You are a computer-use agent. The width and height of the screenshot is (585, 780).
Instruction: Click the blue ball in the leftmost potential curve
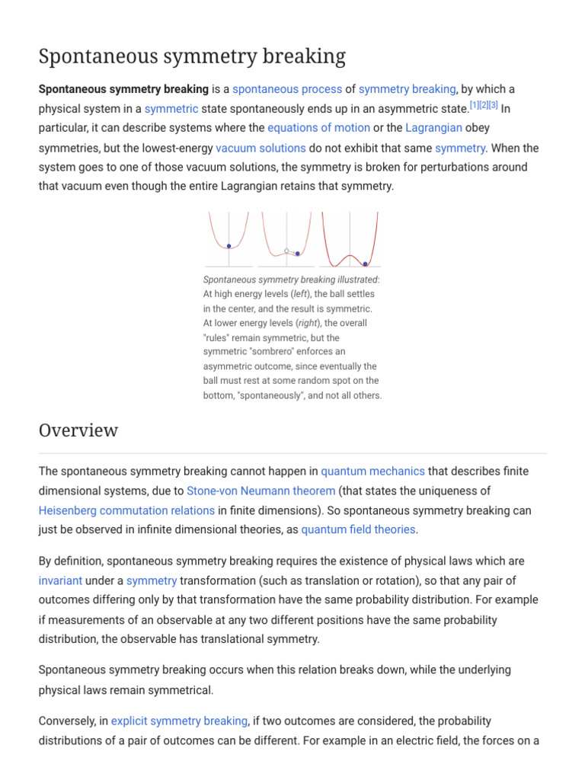tap(229, 246)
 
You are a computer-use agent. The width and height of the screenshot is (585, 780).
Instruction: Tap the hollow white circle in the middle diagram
tap(286, 250)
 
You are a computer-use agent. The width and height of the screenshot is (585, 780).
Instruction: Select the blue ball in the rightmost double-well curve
tap(366, 264)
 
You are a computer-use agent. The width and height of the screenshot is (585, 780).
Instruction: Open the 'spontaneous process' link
tap(287, 89)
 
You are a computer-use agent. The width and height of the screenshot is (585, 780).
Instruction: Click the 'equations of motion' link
tap(319, 128)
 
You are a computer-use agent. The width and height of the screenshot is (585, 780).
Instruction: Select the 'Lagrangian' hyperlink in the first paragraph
tap(433, 128)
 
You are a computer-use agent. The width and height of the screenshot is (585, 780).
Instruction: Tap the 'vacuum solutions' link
tap(261, 148)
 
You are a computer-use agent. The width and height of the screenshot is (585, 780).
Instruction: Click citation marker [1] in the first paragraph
tap(475, 104)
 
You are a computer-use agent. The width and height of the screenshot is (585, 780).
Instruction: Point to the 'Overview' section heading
tap(78, 430)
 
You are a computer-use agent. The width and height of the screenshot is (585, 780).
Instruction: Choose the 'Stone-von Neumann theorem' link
tap(261, 491)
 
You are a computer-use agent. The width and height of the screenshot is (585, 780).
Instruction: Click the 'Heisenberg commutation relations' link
tap(126, 510)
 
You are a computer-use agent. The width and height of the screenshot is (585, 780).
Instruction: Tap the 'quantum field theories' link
tap(358, 529)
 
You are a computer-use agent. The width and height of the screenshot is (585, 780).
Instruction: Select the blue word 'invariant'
tap(60, 580)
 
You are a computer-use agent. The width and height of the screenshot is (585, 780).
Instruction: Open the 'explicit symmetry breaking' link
tap(179, 721)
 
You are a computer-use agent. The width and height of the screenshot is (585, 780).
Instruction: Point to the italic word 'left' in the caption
tap(302, 294)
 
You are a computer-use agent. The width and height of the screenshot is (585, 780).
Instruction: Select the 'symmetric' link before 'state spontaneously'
tap(171, 109)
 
